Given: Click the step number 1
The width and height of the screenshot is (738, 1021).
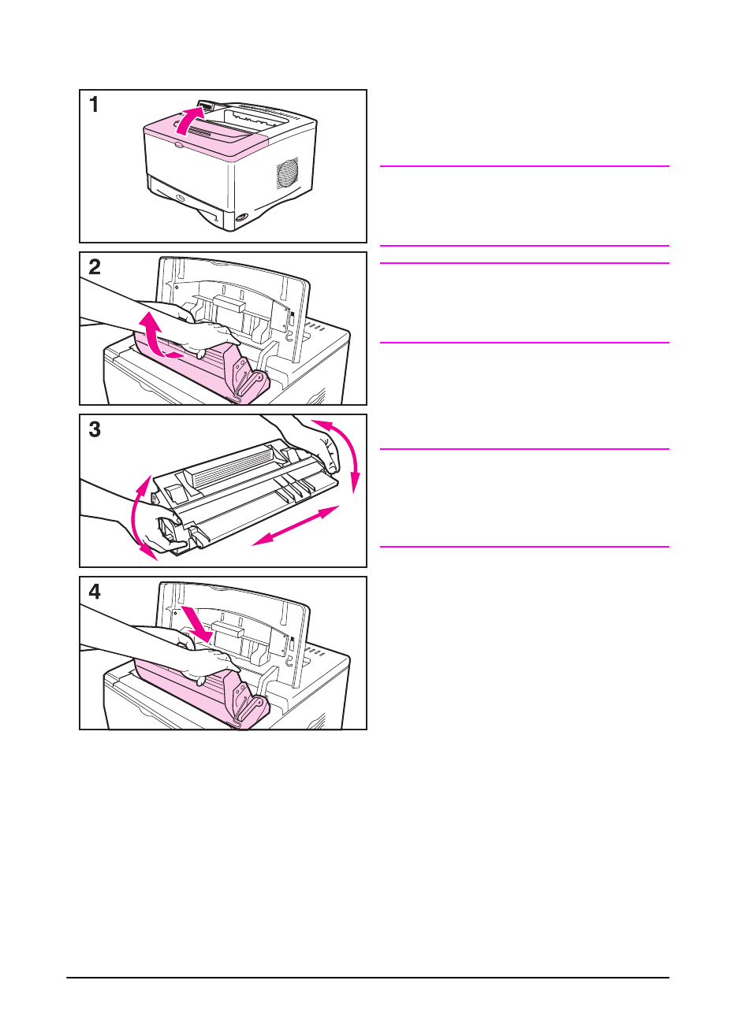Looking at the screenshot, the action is [x=94, y=104].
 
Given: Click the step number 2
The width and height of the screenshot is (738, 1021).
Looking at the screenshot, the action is [x=95, y=267].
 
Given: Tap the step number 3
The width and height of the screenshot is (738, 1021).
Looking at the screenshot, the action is [x=95, y=429].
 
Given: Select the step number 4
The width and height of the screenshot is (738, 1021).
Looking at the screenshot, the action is [x=95, y=592].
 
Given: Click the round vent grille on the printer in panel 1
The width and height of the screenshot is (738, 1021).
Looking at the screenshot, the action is [x=287, y=173].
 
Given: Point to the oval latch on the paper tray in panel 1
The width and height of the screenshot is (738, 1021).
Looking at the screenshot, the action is [x=180, y=199].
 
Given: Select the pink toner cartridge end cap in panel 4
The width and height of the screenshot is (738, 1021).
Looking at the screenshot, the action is [x=245, y=697].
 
